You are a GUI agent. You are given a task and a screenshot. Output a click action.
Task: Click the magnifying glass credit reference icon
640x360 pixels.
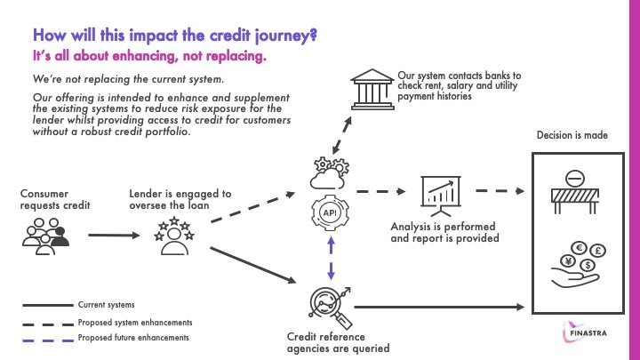pos(324,303)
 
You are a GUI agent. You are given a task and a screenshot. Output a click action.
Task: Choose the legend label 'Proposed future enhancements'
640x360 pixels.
pos(132,338)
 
